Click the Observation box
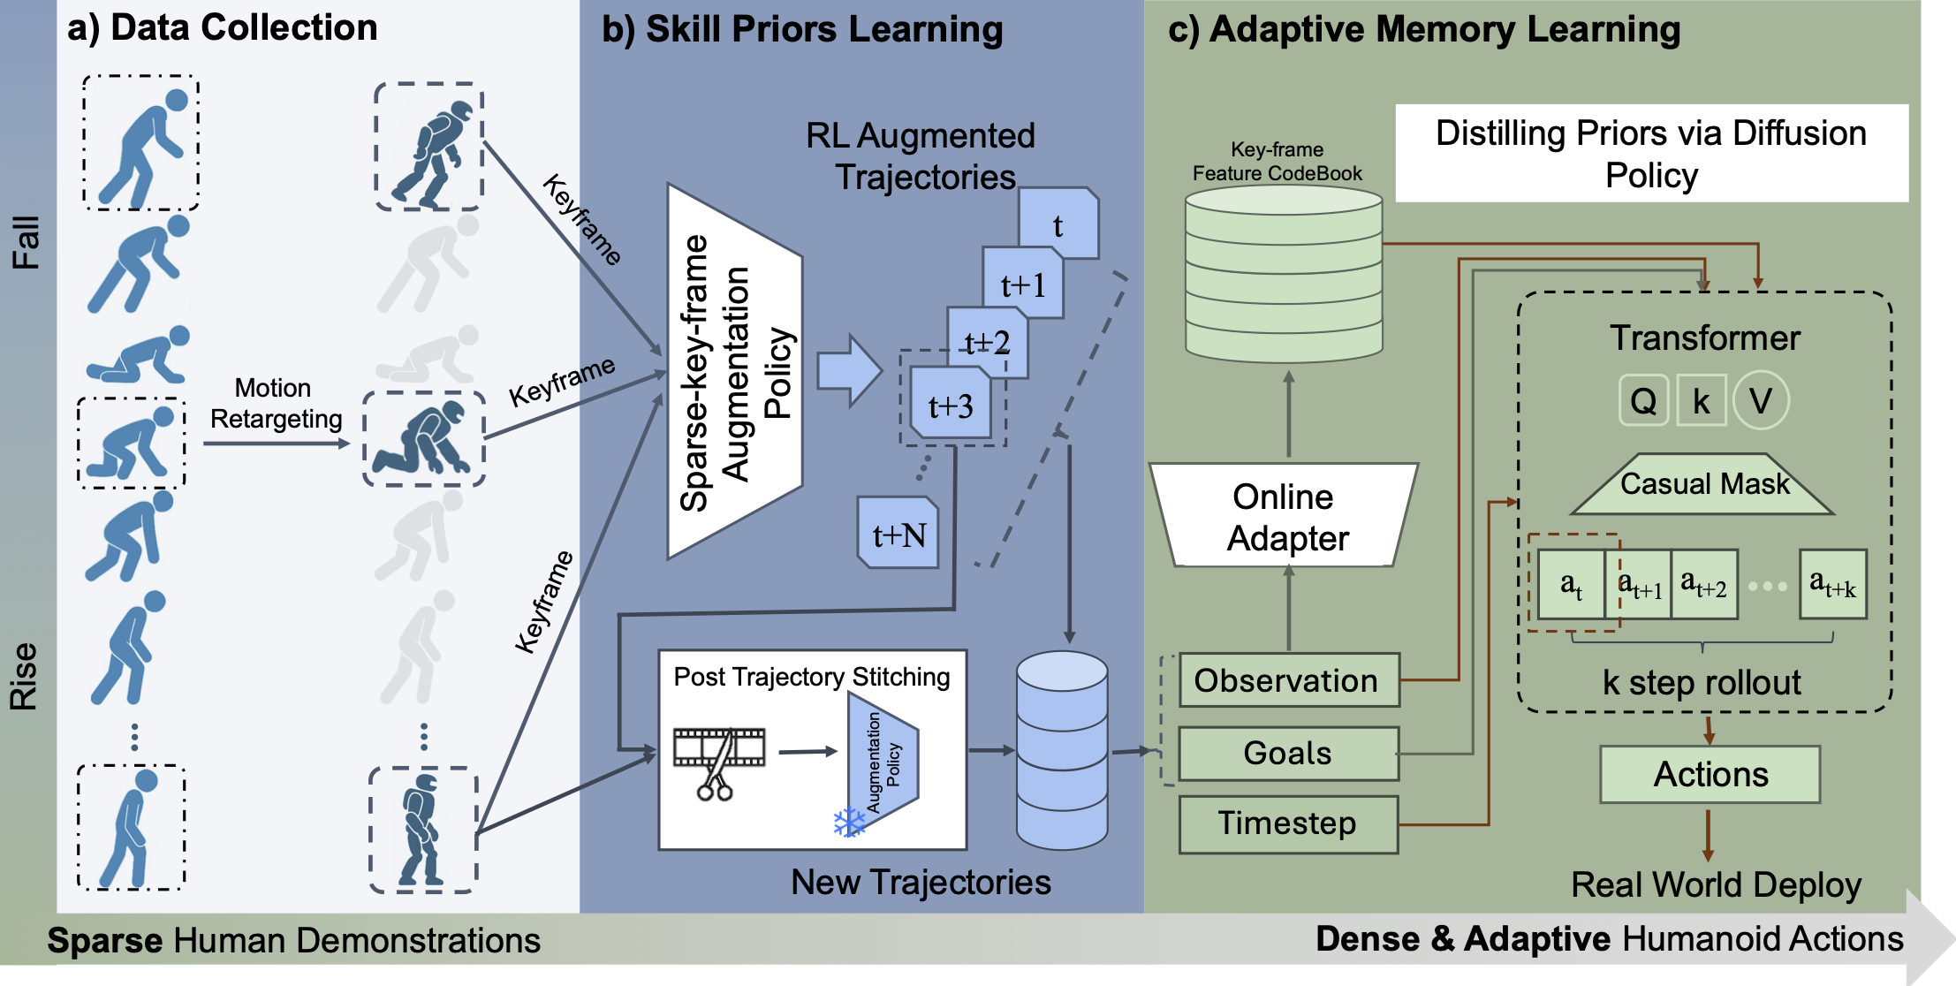pyautogui.click(x=1288, y=680)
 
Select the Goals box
pyautogui.click(x=1288, y=754)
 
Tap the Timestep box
pyautogui.click(x=1288, y=823)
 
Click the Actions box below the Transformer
pyautogui.click(x=1710, y=775)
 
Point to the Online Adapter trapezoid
pyautogui.click(x=1285, y=516)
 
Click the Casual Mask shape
pyautogui.click(x=1703, y=484)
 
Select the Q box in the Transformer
pyautogui.click(x=1643, y=401)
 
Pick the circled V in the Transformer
pyautogui.click(x=1760, y=401)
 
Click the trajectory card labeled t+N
pyautogui.click(x=898, y=534)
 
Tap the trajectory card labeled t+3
pyautogui.click(x=951, y=405)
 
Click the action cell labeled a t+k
pyautogui.click(x=1832, y=584)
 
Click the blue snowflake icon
pyautogui.click(x=849, y=823)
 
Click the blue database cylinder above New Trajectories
pyautogui.click(x=1061, y=751)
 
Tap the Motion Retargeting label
pyautogui.click(x=275, y=404)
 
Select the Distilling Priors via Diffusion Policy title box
pyautogui.click(x=1650, y=154)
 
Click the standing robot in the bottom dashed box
pyautogui.click(x=421, y=829)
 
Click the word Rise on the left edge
pyautogui.click(x=25, y=676)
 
